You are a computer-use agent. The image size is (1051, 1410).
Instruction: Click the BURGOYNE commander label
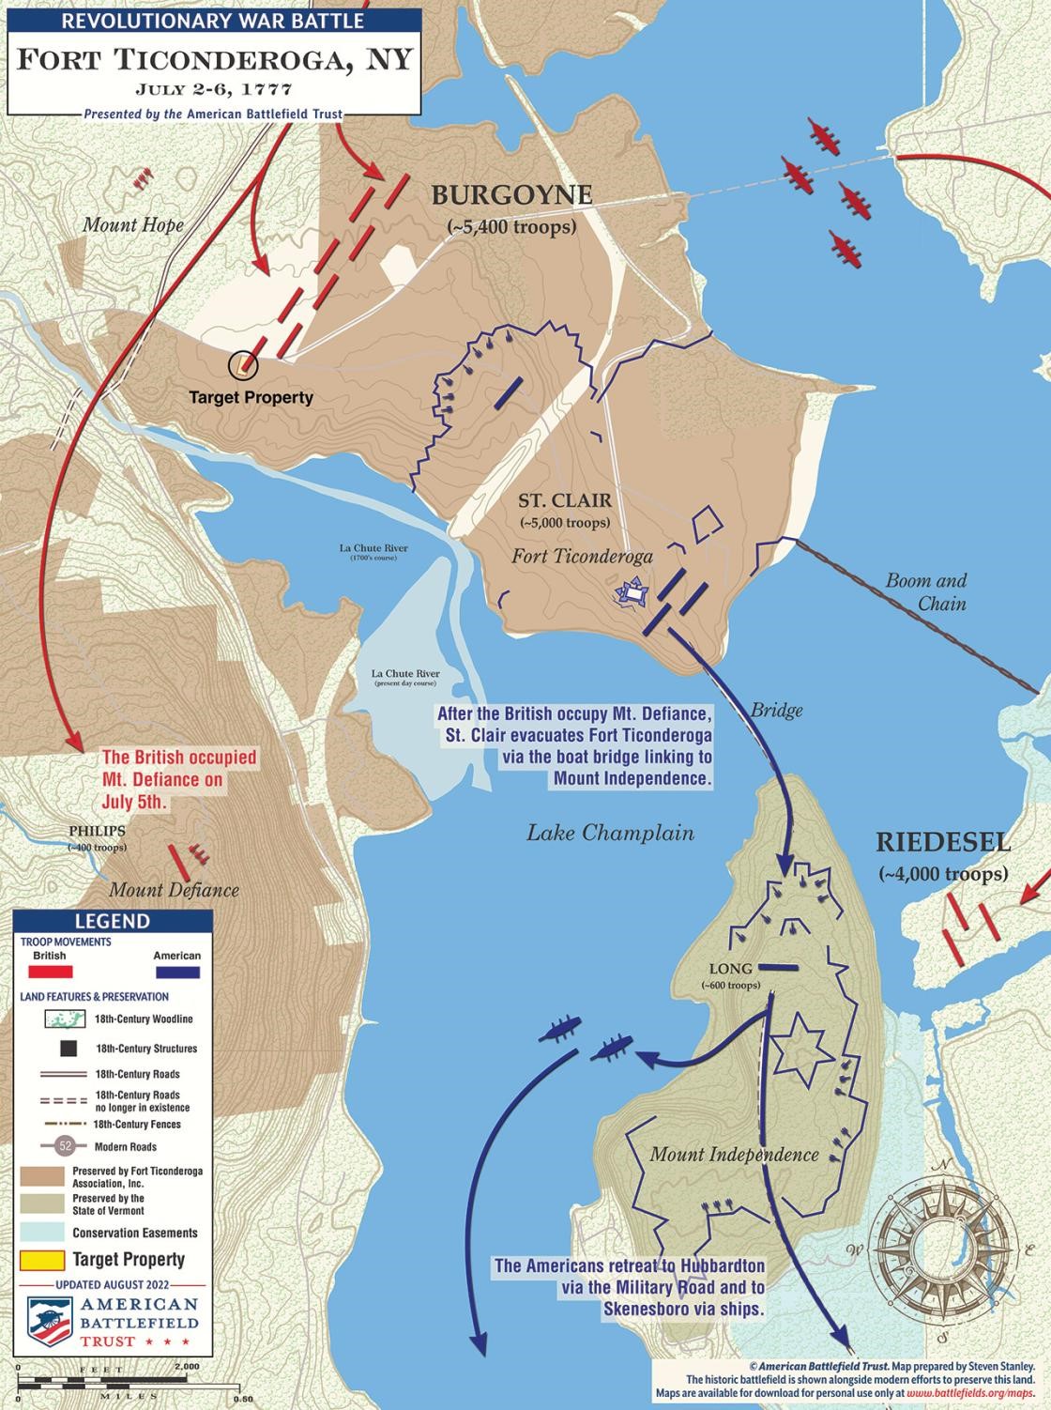click(511, 195)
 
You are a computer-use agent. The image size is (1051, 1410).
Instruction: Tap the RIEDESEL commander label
click(943, 841)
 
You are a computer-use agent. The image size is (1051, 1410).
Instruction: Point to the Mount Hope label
click(133, 225)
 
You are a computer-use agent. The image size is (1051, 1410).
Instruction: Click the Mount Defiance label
click(175, 890)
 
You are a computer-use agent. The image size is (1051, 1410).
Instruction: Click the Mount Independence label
click(734, 1155)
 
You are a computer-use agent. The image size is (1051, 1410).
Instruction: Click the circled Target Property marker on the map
click(243, 364)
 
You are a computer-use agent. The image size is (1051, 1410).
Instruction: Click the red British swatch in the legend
click(50, 972)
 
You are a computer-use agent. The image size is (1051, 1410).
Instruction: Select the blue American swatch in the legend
click(176, 972)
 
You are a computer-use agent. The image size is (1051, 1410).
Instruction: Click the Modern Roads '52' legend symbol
click(65, 1146)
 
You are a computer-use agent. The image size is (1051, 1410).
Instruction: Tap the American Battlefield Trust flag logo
click(49, 1322)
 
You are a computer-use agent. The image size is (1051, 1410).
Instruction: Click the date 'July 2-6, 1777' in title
click(214, 90)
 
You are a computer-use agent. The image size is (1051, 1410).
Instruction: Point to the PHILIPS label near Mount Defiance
click(97, 831)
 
